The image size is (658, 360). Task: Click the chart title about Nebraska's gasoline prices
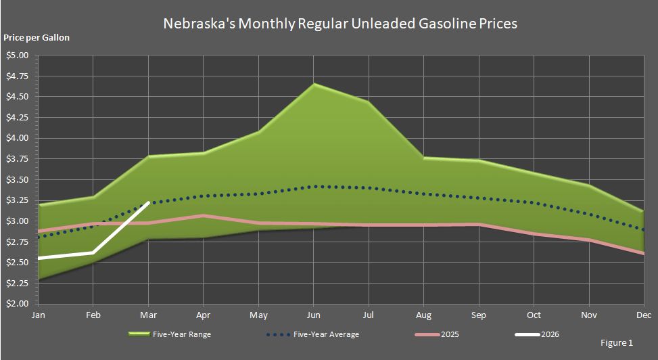tap(340, 24)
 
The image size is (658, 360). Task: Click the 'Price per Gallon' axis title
tap(37, 38)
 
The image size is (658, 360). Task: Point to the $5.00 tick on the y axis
tap(18, 55)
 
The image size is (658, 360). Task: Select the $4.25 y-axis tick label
tap(18, 118)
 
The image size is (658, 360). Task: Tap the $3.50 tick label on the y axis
tap(18, 180)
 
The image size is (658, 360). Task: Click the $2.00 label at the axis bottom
tap(18, 304)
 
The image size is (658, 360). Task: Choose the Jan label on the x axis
tap(39, 315)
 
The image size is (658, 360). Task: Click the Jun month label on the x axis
tap(313, 315)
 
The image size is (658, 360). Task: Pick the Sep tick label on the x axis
tap(479, 315)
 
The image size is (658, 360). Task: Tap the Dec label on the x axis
tap(643, 315)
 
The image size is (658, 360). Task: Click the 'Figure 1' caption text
tap(617, 343)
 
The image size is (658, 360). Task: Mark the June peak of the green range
tap(313, 84)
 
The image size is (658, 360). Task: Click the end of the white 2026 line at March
tap(148, 202)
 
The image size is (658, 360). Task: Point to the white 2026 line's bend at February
tap(93, 252)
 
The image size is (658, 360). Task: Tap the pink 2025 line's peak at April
tap(203, 216)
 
